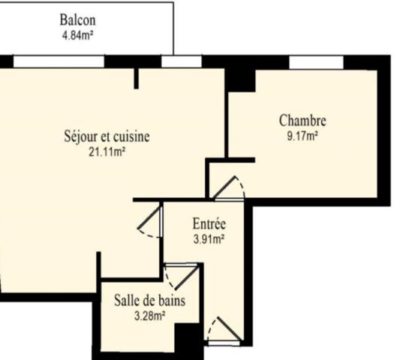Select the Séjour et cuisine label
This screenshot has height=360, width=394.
(x=107, y=136)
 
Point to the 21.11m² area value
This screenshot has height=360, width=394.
(x=107, y=151)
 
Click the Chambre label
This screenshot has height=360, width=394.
(x=302, y=120)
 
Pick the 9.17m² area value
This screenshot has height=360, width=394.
(x=302, y=136)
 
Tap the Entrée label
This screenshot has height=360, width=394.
(x=209, y=224)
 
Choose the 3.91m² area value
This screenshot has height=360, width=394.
(x=209, y=239)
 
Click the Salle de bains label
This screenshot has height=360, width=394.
(x=150, y=301)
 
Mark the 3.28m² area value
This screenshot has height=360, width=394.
(x=149, y=315)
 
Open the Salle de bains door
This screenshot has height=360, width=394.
(x=181, y=277)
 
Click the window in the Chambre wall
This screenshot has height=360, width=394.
(x=316, y=61)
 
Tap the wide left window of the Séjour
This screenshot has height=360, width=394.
(x=59, y=61)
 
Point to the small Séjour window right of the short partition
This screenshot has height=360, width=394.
(x=176, y=61)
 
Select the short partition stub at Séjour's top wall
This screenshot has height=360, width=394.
(x=137, y=77)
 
